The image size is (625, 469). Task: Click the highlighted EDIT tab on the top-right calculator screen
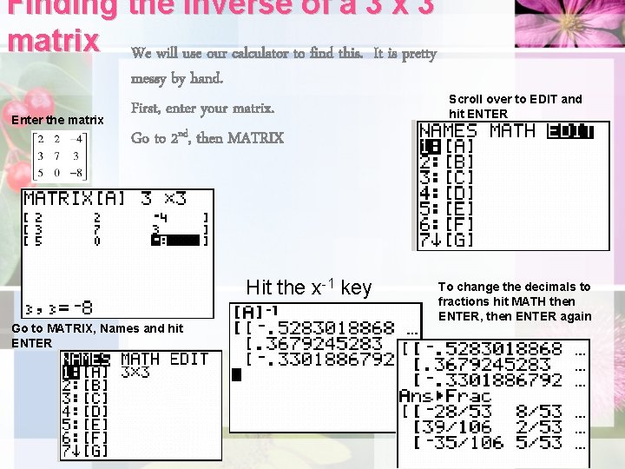click(x=569, y=131)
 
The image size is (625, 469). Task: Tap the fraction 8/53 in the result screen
click(x=538, y=411)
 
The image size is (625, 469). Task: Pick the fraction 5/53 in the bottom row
click(x=538, y=443)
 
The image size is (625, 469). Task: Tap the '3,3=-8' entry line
click(x=59, y=307)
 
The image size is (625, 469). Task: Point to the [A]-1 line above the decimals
click(x=256, y=312)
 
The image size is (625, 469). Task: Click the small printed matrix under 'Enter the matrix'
click(x=60, y=156)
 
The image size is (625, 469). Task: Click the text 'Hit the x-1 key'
click(x=308, y=287)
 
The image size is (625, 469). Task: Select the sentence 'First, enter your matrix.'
click(x=202, y=109)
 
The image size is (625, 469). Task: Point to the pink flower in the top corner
click(x=569, y=22)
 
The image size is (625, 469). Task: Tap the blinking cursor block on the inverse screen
click(x=237, y=375)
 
